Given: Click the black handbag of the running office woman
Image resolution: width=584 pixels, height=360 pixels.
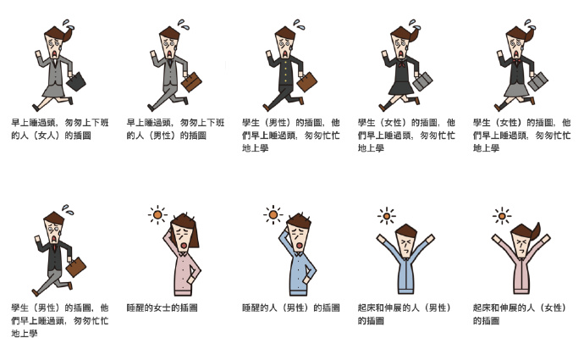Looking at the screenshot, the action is [76, 81].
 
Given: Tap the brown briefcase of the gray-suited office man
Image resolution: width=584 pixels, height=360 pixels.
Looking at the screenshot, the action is [191, 81].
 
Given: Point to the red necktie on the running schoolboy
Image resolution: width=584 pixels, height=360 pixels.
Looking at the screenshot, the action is [54, 247].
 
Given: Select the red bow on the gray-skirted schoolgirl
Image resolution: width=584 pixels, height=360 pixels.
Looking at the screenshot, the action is [516, 61].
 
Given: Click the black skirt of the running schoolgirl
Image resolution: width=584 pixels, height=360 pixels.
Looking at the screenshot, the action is [401, 87].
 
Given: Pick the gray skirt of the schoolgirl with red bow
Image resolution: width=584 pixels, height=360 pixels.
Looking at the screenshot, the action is [516, 90].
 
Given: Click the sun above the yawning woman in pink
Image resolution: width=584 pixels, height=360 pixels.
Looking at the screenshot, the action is [157, 215].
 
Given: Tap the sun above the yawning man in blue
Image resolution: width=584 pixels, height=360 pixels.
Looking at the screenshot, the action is [273, 215].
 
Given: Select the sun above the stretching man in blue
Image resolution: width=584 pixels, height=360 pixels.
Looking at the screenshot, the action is [387, 216].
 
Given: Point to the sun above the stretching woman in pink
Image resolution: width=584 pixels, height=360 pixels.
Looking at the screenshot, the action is [502, 216].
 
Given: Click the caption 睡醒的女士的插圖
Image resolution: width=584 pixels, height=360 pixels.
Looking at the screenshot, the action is [162, 307].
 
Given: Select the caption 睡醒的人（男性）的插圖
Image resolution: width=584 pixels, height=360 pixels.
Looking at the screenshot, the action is [291, 307].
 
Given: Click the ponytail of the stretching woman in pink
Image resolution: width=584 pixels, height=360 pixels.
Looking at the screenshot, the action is [535, 231].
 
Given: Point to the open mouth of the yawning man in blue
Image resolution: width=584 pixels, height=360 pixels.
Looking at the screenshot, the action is [299, 246].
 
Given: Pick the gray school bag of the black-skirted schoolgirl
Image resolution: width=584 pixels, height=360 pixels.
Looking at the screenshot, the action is [422, 81].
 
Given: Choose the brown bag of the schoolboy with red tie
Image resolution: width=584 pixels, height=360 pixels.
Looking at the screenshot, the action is [76, 267].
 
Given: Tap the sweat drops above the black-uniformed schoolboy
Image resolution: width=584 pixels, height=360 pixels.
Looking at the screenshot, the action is [300, 25].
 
